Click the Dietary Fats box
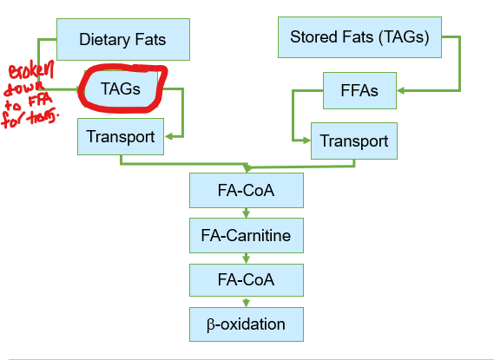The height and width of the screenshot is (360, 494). click(122, 39)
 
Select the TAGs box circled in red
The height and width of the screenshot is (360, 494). click(120, 88)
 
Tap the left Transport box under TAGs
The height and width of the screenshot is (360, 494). click(121, 136)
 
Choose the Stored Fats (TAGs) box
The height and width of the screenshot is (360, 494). click(359, 38)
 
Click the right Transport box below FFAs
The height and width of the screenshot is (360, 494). click(354, 141)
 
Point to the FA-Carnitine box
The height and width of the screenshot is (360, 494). click(246, 235)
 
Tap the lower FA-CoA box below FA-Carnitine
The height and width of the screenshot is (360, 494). click(246, 280)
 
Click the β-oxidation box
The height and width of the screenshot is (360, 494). click(246, 325)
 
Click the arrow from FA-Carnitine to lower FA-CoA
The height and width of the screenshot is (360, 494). click(247, 258)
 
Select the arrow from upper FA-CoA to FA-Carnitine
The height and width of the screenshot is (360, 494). click(247, 213)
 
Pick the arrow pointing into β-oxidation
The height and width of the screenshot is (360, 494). click(247, 303)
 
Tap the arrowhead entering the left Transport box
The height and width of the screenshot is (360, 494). click(169, 135)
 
